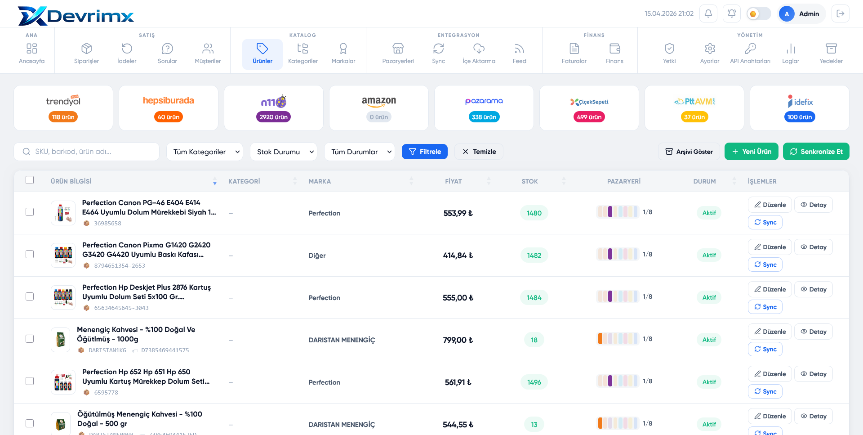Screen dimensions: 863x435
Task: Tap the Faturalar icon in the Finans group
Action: pyautogui.click(x=574, y=48)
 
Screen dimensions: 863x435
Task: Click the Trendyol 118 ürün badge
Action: pyautogui.click(x=63, y=117)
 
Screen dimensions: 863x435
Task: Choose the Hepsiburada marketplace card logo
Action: pyautogui.click(x=169, y=101)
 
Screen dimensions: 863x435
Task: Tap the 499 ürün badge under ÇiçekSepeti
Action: pyautogui.click(x=589, y=117)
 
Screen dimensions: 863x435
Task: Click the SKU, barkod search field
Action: pyautogui.click(x=87, y=152)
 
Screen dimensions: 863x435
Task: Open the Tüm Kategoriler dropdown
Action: pyautogui.click(x=205, y=152)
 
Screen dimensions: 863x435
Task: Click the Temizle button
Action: pyautogui.click(x=479, y=152)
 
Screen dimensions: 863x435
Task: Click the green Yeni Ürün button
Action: pyautogui.click(x=752, y=152)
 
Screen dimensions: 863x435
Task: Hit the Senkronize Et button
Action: pyautogui.click(x=816, y=152)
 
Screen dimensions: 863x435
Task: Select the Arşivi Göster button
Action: pyautogui.click(x=689, y=152)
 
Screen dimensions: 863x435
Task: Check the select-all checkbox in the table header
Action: pyautogui.click(x=30, y=180)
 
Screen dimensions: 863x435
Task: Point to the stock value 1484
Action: pyautogui.click(x=534, y=298)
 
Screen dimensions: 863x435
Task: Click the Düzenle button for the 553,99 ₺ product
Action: pyautogui.click(x=770, y=205)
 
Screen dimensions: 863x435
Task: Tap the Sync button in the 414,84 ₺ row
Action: pyautogui.click(x=765, y=265)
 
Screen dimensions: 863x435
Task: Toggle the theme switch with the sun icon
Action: pyautogui.click(x=759, y=14)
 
